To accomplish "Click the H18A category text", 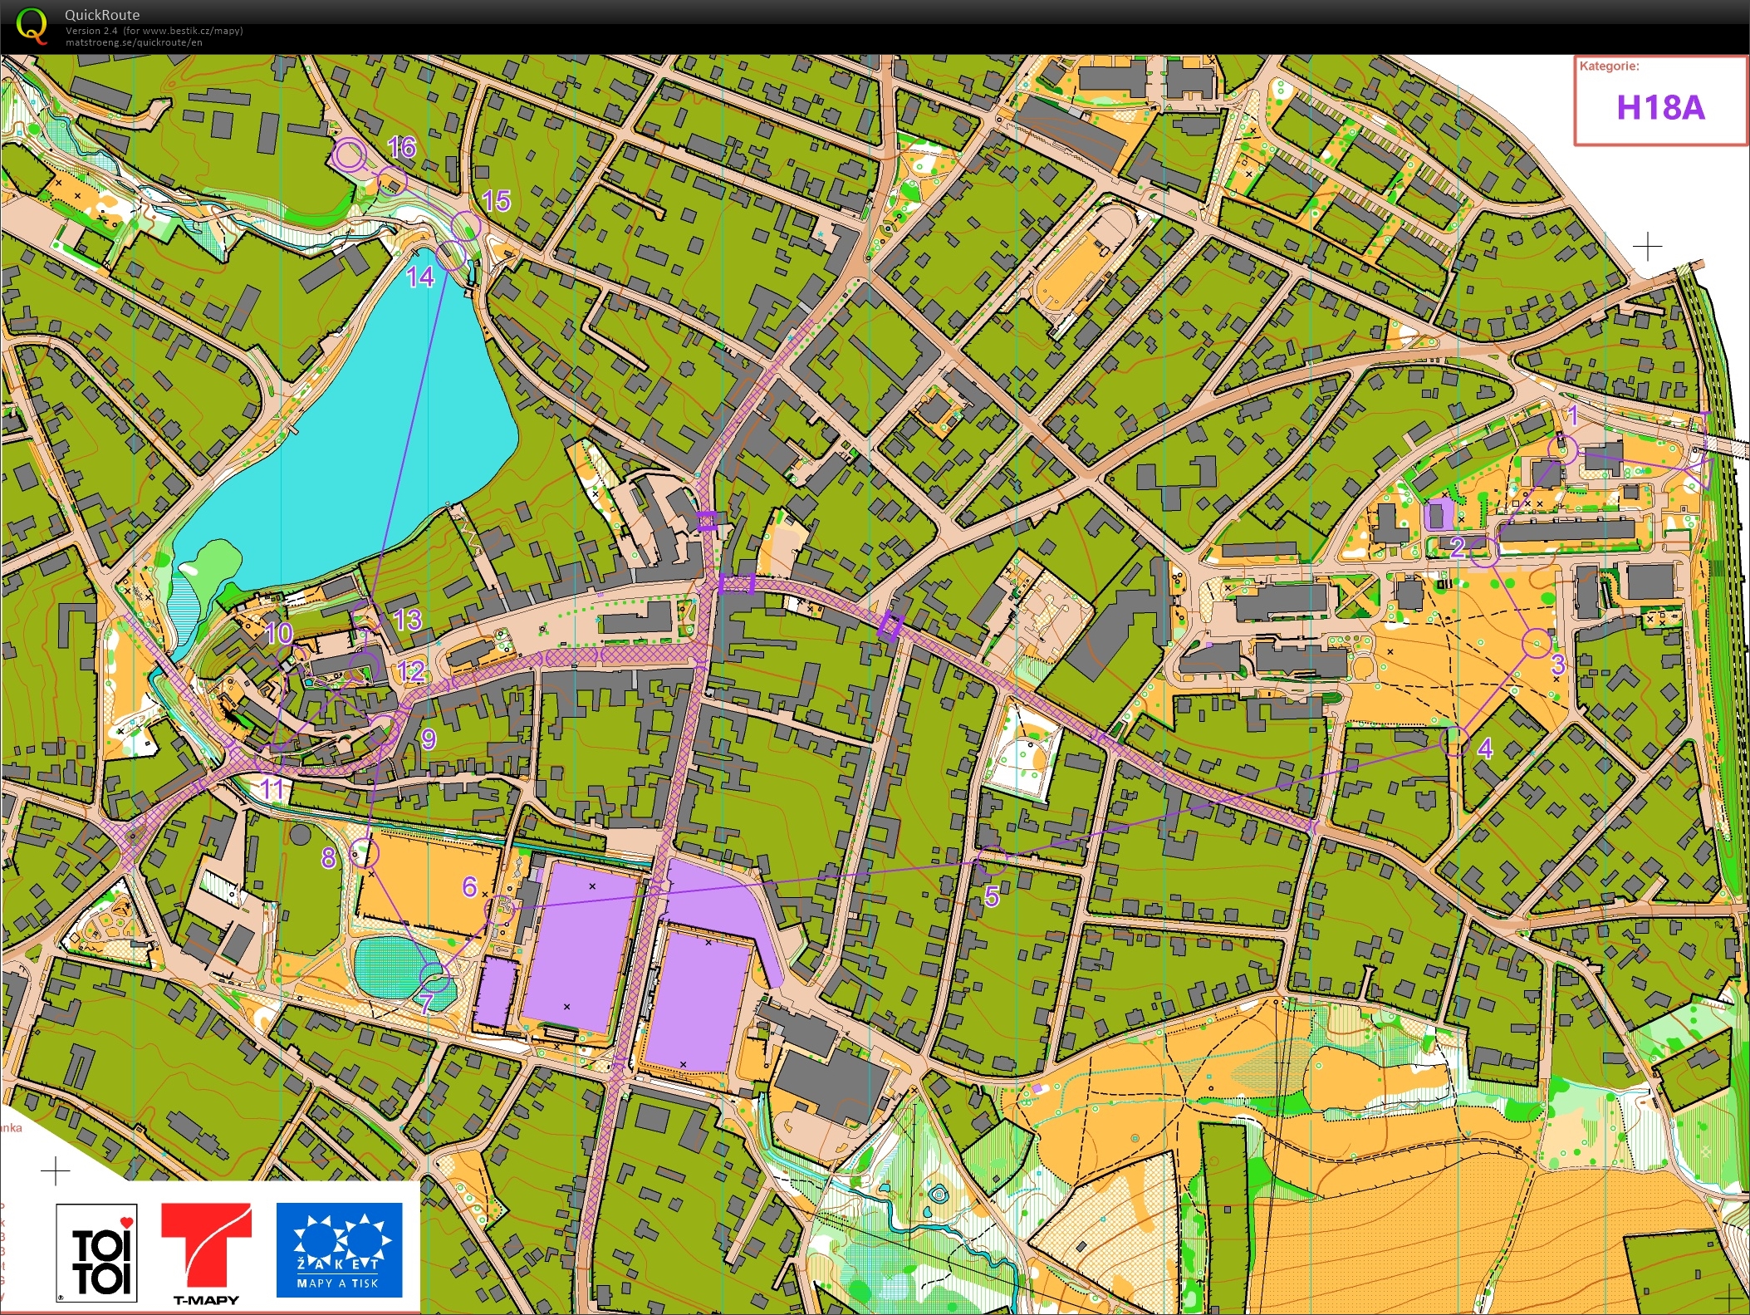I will tap(1659, 108).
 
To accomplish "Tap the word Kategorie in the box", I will tap(1609, 66).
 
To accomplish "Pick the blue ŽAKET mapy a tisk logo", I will tap(339, 1249).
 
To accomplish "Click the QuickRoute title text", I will tap(102, 14).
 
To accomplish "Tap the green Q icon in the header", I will tap(31, 25).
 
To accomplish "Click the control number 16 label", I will tap(401, 148).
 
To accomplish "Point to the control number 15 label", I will tap(496, 201).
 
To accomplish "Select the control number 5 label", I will tap(992, 896).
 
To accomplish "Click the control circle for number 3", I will tap(1537, 642).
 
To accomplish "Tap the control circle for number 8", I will tap(364, 852).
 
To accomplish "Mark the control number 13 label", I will tap(407, 620).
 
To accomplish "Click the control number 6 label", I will tap(469, 886).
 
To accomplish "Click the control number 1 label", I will tap(1571, 415).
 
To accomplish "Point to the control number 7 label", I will tap(426, 1003).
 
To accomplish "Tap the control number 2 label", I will tap(1457, 547).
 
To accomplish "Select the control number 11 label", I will tap(272, 788).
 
